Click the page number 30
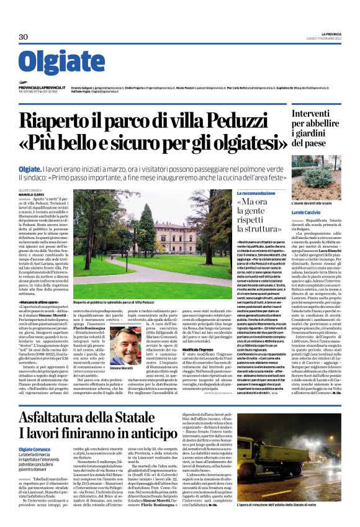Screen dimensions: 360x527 pyautogui.click(x=24, y=37)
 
